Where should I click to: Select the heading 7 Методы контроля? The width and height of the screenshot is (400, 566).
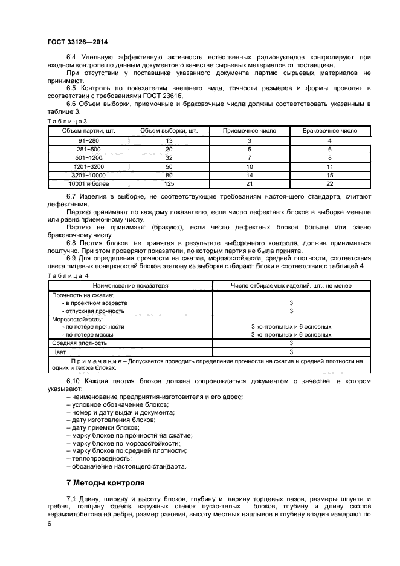[x=105, y=483]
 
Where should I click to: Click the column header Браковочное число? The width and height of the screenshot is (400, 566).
[x=329, y=130]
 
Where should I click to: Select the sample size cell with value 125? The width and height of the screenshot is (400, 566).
[x=169, y=183]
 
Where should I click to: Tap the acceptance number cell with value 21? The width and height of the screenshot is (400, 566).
[x=249, y=183]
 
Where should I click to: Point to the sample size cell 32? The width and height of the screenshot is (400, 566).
[x=169, y=157]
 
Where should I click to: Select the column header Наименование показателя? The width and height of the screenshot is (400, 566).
[x=130, y=285]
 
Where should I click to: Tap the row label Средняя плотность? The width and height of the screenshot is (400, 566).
[x=79, y=343]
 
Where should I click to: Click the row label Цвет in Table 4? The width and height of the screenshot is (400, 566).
[x=59, y=352]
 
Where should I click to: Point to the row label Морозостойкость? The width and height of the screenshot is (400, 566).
[x=77, y=318]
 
